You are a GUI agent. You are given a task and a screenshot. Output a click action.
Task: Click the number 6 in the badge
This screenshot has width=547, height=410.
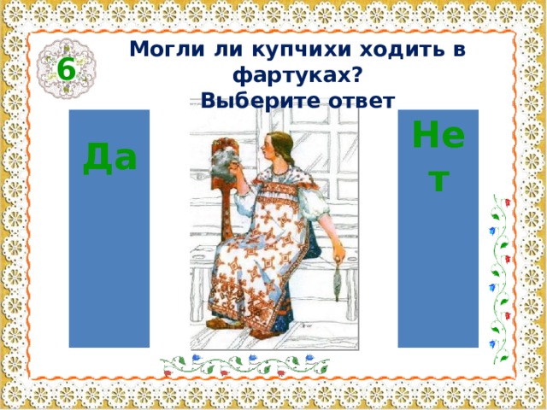click(65, 69)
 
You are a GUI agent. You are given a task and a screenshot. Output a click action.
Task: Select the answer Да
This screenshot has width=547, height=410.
click(109, 159)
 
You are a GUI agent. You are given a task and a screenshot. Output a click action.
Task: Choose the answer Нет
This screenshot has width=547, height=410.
click(438, 159)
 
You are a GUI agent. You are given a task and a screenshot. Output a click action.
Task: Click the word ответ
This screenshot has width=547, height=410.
click(360, 101)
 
